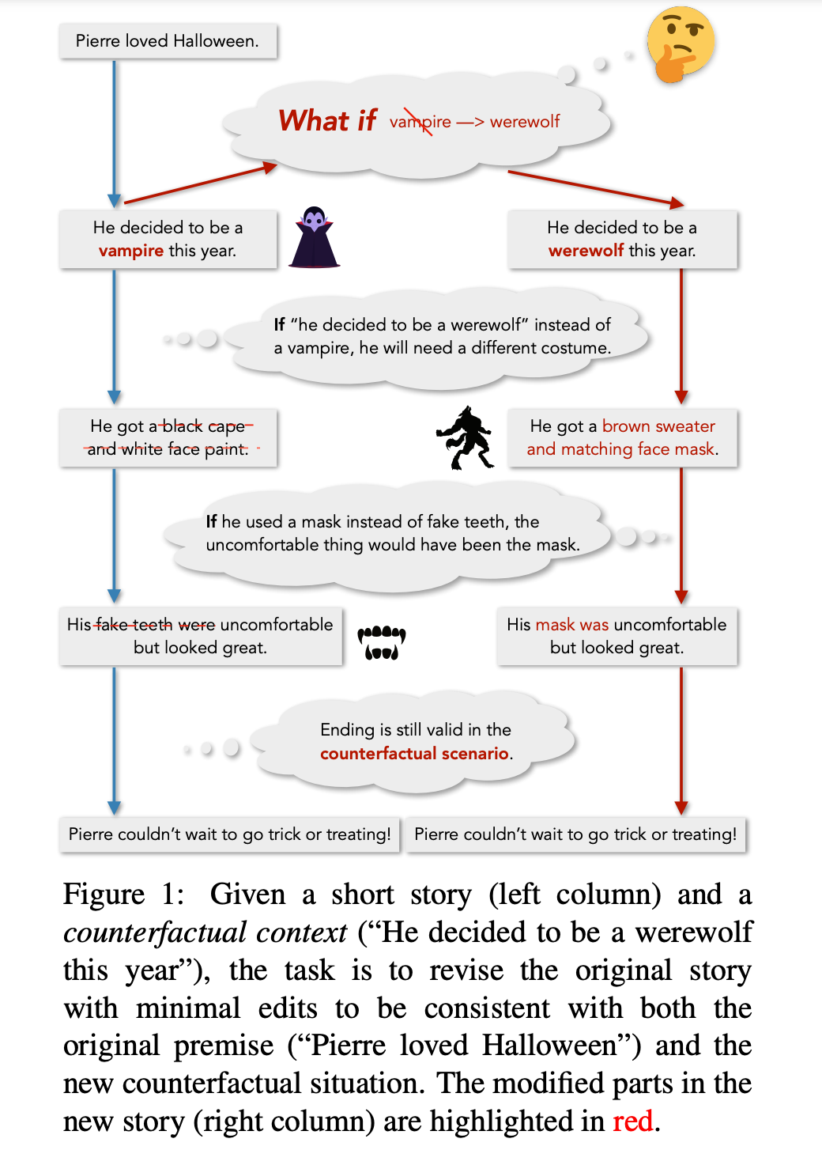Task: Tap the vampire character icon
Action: [x=314, y=238]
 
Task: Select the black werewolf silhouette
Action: [x=466, y=437]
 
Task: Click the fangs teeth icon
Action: [x=382, y=642]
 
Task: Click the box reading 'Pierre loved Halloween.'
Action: [x=168, y=41]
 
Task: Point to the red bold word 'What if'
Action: [x=327, y=121]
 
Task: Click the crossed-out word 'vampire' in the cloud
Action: [x=420, y=122]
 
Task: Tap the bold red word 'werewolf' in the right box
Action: [x=586, y=251]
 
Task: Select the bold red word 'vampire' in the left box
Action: [x=131, y=251]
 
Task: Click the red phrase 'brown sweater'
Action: [x=658, y=426]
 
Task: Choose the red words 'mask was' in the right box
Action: [x=572, y=625]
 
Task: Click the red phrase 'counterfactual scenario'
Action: [x=414, y=754]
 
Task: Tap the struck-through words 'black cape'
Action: [x=204, y=426]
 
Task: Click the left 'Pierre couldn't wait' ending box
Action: [x=229, y=834]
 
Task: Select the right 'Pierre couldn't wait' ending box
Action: [x=575, y=834]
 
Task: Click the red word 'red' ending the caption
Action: [x=632, y=1122]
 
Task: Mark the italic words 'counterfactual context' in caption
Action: [x=205, y=932]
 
